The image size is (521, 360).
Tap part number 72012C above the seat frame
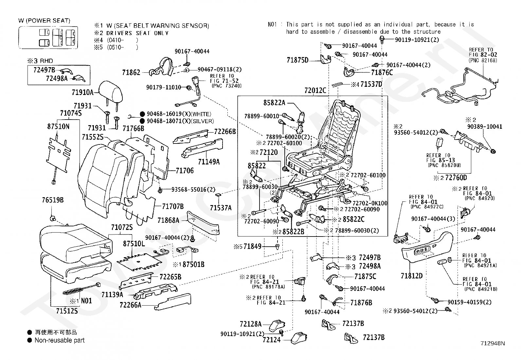pyautogui.click(x=315, y=90)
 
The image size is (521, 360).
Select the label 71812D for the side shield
pyautogui.click(x=411, y=276)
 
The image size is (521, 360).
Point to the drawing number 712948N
pyautogui.click(x=493, y=343)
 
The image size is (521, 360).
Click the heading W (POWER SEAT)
pyautogui.click(x=44, y=21)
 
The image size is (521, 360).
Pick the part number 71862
pyautogui.click(x=131, y=73)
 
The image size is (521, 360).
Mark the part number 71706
pyautogui.click(x=185, y=171)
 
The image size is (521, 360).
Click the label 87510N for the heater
pyautogui.click(x=58, y=126)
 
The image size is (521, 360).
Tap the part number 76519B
pyautogui.click(x=53, y=200)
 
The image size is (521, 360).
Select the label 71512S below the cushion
pyautogui.click(x=66, y=311)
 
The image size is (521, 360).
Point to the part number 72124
pyautogui.click(x=271, y=340)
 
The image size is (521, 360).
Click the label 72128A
pyautogui.click(x=250, y=324)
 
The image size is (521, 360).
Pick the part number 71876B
pyautogui.click(x=361, y=303)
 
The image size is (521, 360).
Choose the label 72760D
pyautogui.click(x=456, y=178)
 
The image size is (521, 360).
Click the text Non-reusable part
pyautogui.click(x=60, y=340)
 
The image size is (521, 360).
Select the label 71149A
pyautogui.click(x=209, y=161)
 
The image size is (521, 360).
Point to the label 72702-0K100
pyautogui.click(x=369, y=203)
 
